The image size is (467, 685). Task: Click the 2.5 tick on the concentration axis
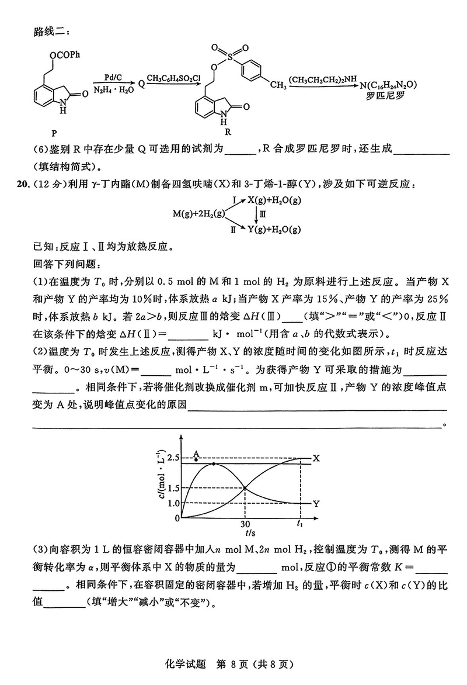[172, 457]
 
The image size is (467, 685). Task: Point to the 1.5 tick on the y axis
[172, 488]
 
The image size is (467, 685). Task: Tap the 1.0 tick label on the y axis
[172, 503]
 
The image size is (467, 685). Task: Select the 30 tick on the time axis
[245, 524]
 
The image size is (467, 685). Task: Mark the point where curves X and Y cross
[245, 488]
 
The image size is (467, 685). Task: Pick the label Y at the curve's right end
[316, 503]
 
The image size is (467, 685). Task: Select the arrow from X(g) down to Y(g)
[256, 215]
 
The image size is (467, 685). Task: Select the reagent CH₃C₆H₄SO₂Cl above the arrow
[173, 77]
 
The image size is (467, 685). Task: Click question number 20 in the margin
[22, 185]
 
